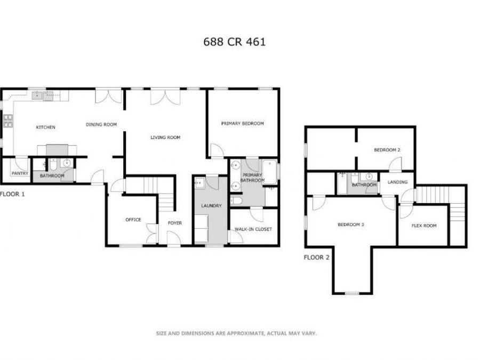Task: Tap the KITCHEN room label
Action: tap(45, 127)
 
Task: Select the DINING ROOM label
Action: tap(101, 125)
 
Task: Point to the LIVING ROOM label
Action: tap(165, 138)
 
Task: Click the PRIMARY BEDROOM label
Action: tap(243, 123)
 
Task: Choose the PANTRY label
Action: tap(20, 173)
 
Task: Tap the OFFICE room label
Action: tap(133, 219)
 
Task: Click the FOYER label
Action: tap(175, 223)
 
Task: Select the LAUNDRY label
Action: tap(211, 205)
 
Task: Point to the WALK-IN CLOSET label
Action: tap(253, 229)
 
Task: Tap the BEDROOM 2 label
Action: tap(387, 150)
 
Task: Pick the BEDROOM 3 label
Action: tap(351, 225)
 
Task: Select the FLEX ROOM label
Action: tap(424, 226)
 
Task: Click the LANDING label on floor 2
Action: tap(397, 182)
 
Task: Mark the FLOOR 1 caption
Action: tap(13, 194)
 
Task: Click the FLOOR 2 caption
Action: tap(317, 257)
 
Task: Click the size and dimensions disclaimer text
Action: tap(236, 333)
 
